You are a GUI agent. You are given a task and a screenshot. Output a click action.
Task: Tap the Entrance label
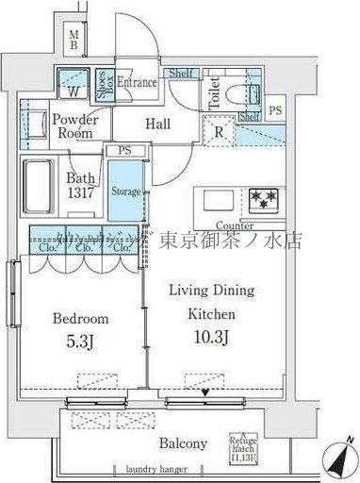[x=137, y=83]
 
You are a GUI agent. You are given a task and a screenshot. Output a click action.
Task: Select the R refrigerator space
[x=218, y=131]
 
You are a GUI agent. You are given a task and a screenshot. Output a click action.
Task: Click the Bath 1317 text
[x=82, y=184]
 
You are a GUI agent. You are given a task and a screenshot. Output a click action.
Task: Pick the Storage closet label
[x=125, y=192]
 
